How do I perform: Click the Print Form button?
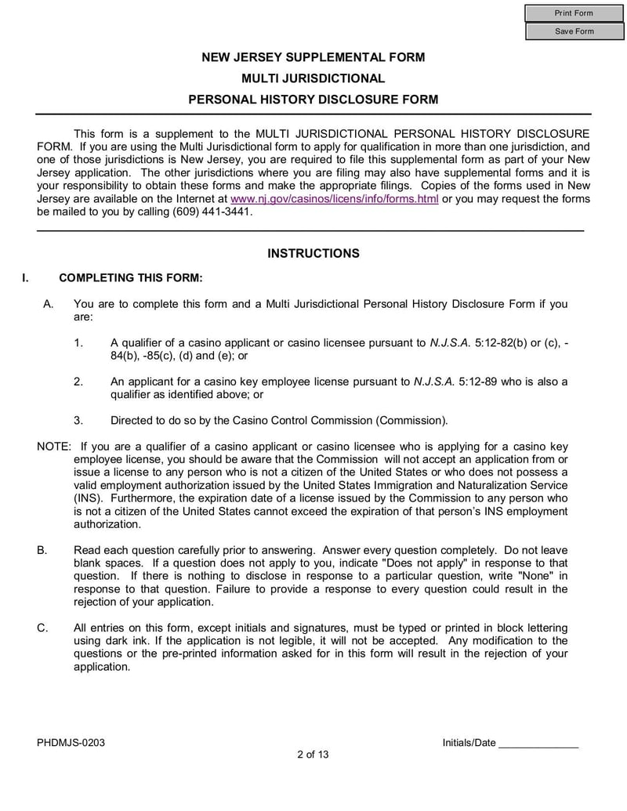tap(574, 13)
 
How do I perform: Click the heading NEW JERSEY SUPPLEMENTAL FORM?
tap(313, 57)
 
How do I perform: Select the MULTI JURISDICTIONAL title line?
tap(313, 78)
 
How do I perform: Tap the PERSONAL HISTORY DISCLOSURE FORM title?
tap(313, 100)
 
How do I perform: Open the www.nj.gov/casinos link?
tap(334, 199)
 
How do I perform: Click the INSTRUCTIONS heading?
tap(313, 253)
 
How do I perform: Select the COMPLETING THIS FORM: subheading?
tap(131, 277)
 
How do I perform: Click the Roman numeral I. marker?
tap(26, 277)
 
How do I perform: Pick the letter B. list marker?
tap(42, 550)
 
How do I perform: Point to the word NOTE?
tap(54, 447)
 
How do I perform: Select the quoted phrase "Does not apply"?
tap(412, 563)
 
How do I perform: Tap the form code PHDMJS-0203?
tap(71, 743)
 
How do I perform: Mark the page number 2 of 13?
tap(313, 755)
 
